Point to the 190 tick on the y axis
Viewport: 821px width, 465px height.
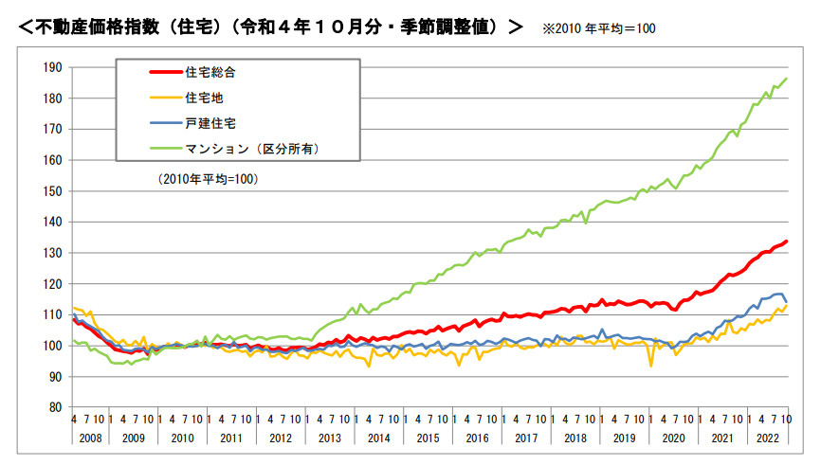click(52, 67)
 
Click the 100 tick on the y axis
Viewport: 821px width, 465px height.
click(52, 346)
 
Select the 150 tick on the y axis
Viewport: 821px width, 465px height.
click(52, 191)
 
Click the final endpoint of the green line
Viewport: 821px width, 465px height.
click(787, 79)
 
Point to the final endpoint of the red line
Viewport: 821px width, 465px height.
click(787, 241)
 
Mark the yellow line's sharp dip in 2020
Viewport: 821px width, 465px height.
click(650, 366)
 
